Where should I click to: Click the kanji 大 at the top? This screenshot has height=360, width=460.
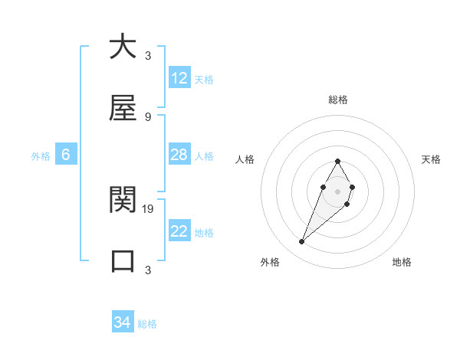pyautogui.click(x=123, y=47)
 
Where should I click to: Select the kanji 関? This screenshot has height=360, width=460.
pyautogui.click(x=123, y=200)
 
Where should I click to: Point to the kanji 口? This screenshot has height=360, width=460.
pyautogui.click(x=123, y=260)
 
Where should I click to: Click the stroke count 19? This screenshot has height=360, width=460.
pyautogui.click(x=148, y=208)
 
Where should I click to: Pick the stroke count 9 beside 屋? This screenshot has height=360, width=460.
pyautogui.click(x=147, y=116)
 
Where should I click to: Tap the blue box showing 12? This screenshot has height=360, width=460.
pyautogui.click(x=179, y=78)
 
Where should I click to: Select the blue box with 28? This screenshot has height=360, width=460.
pyautogui.click(x=179, y=155)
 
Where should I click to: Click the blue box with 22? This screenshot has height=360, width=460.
pyautogui.click(x=179, y=231)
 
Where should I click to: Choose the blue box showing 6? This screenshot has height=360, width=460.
pyautogui.click(x=66, y=155)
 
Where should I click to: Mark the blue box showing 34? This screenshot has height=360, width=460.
pyautogui.click(x=123, y=322)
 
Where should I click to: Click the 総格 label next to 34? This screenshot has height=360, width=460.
pyautogui.click(x=147, y=324)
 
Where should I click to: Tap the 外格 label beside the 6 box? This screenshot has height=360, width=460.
pyautogui.click(x=41, y=156)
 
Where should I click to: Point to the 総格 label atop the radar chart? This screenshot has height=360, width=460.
pyautogui.click(x=337, y=100)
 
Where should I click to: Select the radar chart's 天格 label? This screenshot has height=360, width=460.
pyautogui.click(x=431, y=159)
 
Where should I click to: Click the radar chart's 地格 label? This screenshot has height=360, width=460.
pyautogui.click(x=402, y=262)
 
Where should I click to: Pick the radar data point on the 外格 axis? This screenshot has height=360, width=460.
pyautogui.click(x=301, y=242)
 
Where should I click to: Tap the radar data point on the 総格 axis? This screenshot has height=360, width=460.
pyautogui.click(x=337, y=161)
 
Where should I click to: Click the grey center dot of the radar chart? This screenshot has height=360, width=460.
pyautogui.click(x=337, y=191)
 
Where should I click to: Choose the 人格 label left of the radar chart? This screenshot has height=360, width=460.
pyautogui.click(x=245, y=159)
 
